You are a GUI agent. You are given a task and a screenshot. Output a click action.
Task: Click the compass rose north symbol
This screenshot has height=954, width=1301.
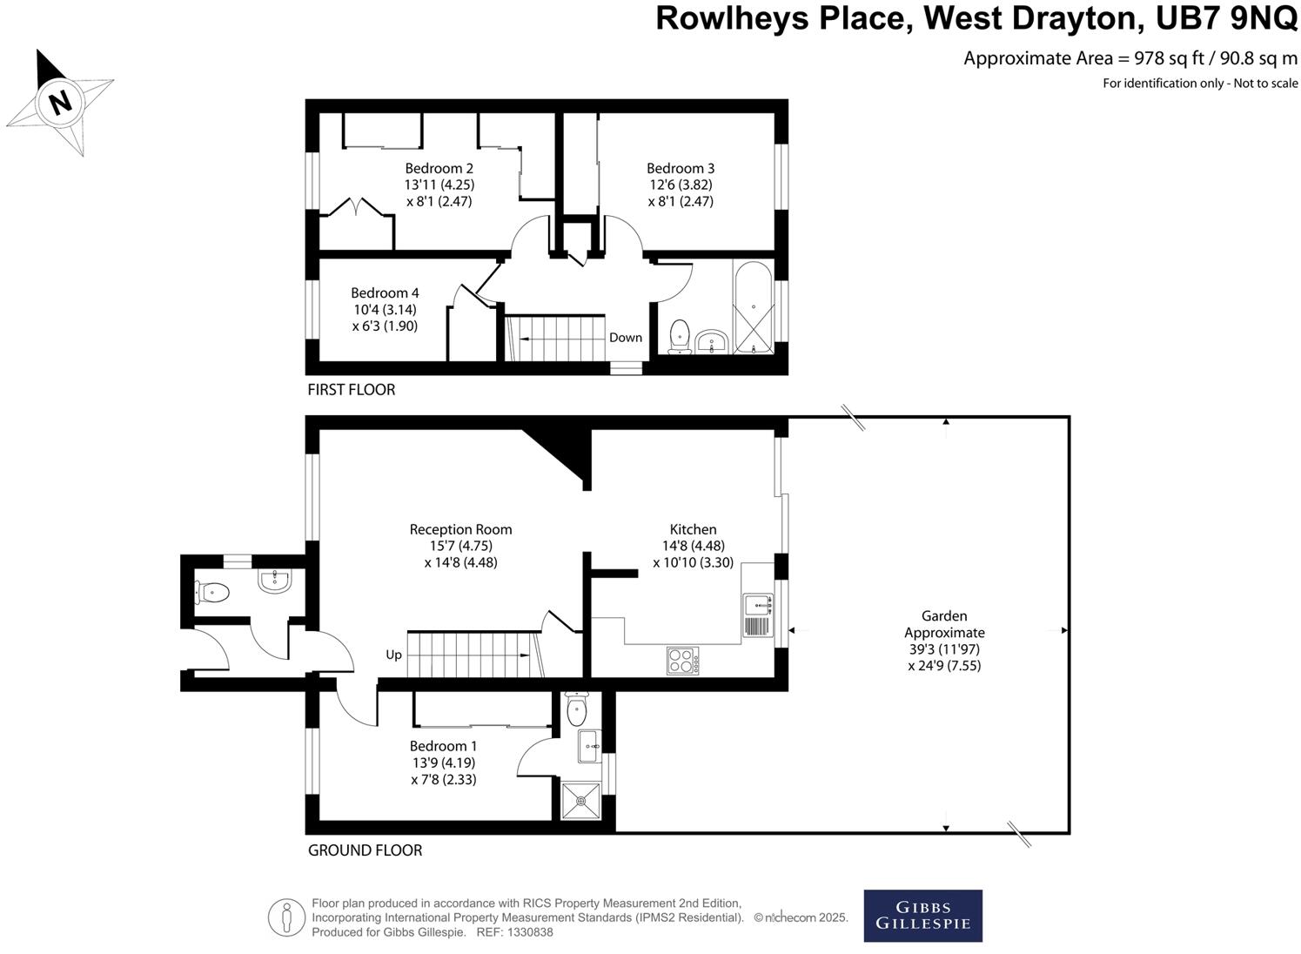[59, 102]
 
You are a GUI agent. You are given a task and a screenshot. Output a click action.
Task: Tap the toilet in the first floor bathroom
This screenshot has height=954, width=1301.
[680, 335]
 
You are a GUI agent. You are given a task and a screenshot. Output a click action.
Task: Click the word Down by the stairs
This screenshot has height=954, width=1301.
[625, 338]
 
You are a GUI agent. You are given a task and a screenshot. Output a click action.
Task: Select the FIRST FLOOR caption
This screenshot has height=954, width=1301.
[351, 390]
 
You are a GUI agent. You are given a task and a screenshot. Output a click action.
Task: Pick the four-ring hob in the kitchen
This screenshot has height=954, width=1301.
[683, 660]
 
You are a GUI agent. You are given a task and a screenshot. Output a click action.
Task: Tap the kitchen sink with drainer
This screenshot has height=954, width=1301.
[757, 615]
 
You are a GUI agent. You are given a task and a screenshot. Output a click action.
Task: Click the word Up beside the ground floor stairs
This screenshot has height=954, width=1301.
[394, 655]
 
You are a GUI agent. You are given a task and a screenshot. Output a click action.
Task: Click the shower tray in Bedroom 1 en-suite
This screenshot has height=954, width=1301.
[580, 801]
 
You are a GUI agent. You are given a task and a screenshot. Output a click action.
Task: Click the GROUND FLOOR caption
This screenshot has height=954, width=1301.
[365, 850]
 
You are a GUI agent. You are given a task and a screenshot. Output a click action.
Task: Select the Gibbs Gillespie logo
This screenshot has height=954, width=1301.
[922, 916]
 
